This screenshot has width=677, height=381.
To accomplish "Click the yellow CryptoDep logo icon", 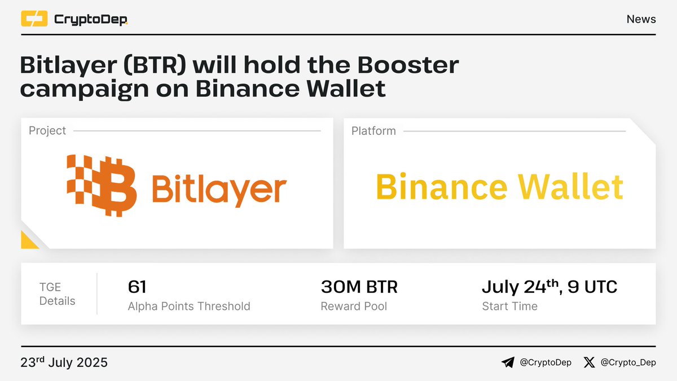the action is pos(34,19).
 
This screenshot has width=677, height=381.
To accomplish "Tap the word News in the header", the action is pos(641,19).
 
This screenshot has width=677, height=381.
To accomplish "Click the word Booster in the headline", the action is pos(408,65).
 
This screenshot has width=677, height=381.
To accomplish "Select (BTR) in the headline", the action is pos(155,65).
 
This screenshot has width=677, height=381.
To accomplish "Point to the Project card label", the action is pos(47,130).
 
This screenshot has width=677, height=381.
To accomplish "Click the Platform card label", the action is pos(373,131).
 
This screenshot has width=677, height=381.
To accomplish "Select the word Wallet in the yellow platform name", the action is pos(570,186).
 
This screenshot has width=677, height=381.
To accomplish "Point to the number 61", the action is pos(137,287).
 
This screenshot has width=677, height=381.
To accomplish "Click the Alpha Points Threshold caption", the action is pos(189,306).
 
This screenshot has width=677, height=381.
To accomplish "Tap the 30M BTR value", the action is pos(359,287).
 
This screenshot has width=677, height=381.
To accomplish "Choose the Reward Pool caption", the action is pos(354,306).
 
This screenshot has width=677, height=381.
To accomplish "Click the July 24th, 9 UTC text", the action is pos(549,287).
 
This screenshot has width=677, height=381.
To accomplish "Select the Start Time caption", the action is pos(510,306).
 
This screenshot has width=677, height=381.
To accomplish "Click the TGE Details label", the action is pos(58,294).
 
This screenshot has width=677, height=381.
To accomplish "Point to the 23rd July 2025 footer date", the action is pos(64,362).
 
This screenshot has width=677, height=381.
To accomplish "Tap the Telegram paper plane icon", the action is pos(508,362).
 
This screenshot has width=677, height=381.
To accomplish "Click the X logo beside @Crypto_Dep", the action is pos(589,362).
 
